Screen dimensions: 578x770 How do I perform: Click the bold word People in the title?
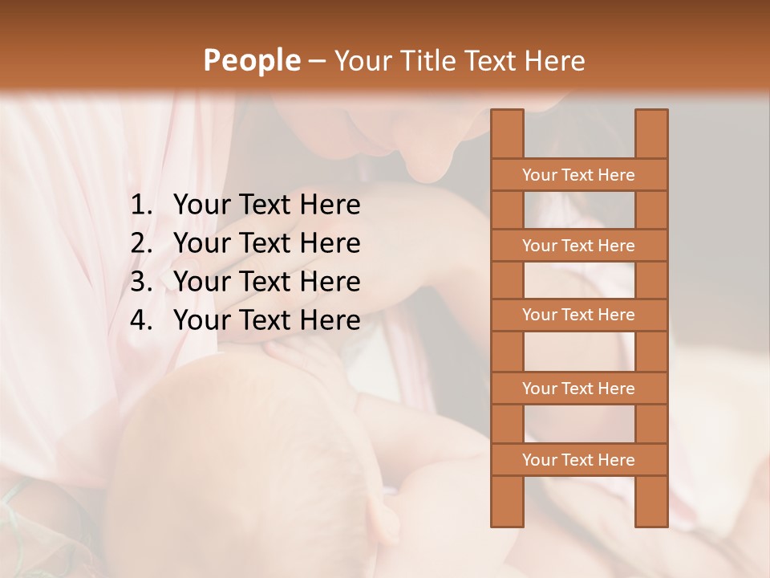click(251, 60)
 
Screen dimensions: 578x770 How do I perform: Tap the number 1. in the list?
click(141, 205)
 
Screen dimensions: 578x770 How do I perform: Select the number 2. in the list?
click(141, 243)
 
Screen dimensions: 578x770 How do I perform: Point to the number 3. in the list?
click(141, 282)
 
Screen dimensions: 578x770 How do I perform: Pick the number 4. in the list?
click(141, 320)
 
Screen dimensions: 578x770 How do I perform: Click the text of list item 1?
click(267, 205)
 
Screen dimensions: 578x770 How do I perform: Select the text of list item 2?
click(267, 243)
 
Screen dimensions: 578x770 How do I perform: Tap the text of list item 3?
click(267, 282)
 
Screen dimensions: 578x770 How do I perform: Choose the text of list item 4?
click(267, 320)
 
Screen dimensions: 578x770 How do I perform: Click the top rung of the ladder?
click(578, 175)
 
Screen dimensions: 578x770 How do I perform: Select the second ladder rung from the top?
click(578, 246)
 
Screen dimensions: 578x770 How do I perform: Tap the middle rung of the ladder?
click(578, 315)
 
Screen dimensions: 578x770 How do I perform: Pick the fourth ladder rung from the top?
click(578, 389)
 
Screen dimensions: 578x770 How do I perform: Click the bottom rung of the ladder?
click(578, 460)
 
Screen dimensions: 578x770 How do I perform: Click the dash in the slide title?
click(317, 61)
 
